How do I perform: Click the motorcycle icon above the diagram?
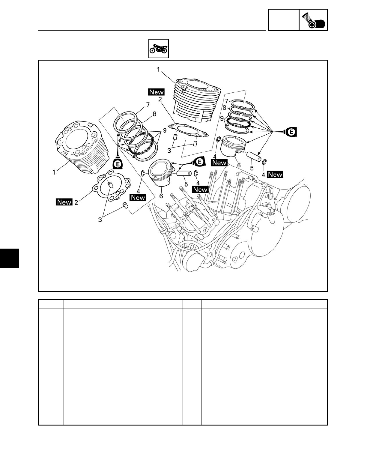point(159,49)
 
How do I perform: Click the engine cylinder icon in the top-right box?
point(313,20)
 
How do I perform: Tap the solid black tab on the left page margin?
point(9,258)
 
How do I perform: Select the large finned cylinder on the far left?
point(82,146)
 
